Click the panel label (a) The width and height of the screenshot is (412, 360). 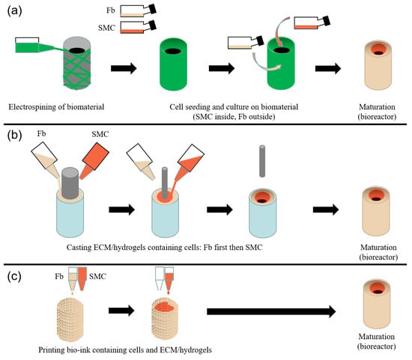click(x=14, y=11)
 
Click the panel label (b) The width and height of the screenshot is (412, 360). click(x=14, y=135)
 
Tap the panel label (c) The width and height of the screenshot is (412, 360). click(x=14, y=276)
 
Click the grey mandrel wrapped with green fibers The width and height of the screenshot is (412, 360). click(x=77, y=63)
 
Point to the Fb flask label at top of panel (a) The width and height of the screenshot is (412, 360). click(x=111, y=10)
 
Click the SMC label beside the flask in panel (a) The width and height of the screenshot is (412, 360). click(x=106, y=28)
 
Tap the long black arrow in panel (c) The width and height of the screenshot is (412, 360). click(x=271, y=311)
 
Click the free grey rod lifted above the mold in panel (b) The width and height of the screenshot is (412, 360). click(x=262, y=161)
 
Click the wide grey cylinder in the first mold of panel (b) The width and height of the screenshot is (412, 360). click(x=70, y=183)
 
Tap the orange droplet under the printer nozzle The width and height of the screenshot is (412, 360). click(x=168, y=292)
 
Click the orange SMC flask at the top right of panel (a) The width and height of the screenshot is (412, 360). click(x=312, y=22)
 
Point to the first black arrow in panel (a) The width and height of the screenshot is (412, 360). click(x=124, y=69)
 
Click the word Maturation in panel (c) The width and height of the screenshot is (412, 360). click(x=377, y=337)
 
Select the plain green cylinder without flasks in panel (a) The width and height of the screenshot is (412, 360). click(x=174, y=64)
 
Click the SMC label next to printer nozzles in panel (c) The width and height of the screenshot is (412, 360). click(x=97, y=276)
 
